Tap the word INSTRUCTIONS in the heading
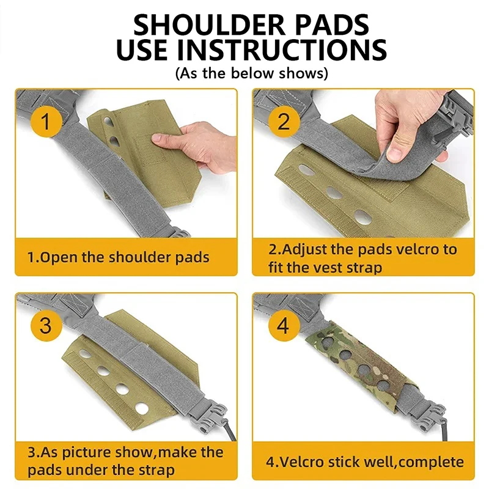[x=282, y=50]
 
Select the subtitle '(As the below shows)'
[x=252, y=73]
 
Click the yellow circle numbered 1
[x=46, y=121]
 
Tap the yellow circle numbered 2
[x=284, y=121]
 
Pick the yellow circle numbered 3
[x=46, y=325]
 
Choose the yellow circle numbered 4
[x=284, y=325]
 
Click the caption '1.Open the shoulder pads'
[x=118, y=257]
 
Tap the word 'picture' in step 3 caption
[x=86, y=452]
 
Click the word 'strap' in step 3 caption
[x=157, y=470]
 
